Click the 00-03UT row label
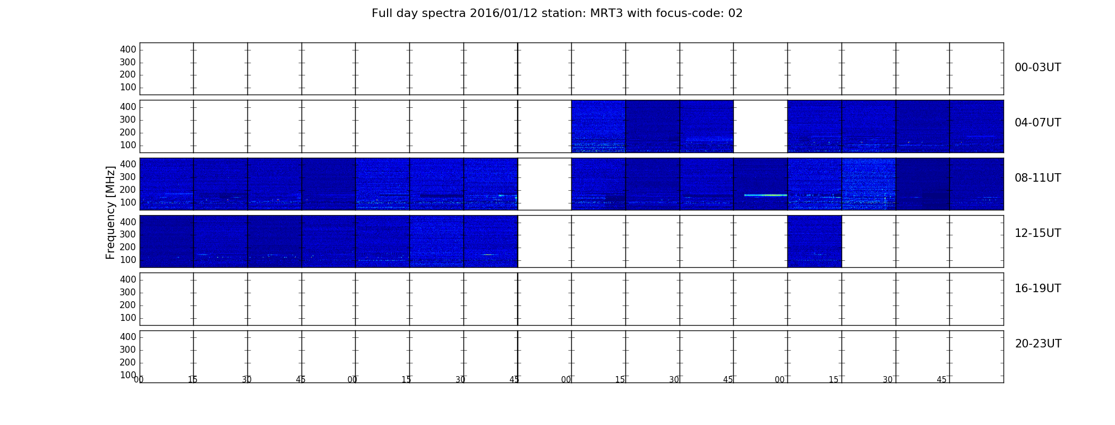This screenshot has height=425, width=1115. [x=1037, y=67]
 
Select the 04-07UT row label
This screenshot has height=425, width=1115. [x=1037, y=123]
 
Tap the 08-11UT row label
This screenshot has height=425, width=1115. [x=1037, y=178]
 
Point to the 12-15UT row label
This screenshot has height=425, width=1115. [x=1037, y=233]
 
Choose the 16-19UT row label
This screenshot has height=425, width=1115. [x=1037, y=288]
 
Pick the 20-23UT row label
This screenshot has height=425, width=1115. [x=1038, y=344]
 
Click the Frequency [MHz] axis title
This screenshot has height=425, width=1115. [x=110, y=212]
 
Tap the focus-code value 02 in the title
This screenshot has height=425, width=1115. [x=735, y=13]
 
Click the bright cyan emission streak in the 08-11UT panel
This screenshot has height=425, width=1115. [x=766, y=195]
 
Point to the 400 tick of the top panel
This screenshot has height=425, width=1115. [x=128, y=49]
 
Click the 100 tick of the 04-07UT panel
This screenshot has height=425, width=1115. [x=128, y=146]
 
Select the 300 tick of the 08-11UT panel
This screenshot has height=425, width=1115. [x=128, y=177]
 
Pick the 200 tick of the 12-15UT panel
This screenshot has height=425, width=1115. [x=128, y=248]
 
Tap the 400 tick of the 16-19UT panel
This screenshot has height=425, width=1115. [x=128, y=279]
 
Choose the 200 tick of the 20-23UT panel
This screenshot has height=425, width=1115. [x=128, y=363]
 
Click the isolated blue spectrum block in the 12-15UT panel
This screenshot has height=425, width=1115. [x=814, y=241]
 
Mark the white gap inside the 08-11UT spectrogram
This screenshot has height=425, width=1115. [x=545, y=184]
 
